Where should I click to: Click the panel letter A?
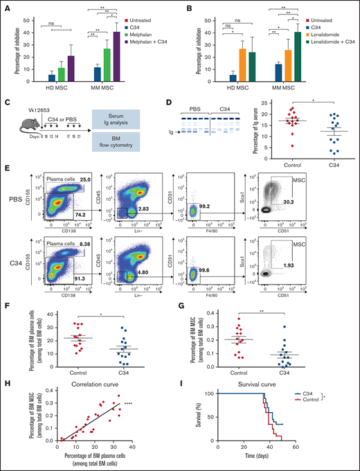[8, 6]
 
